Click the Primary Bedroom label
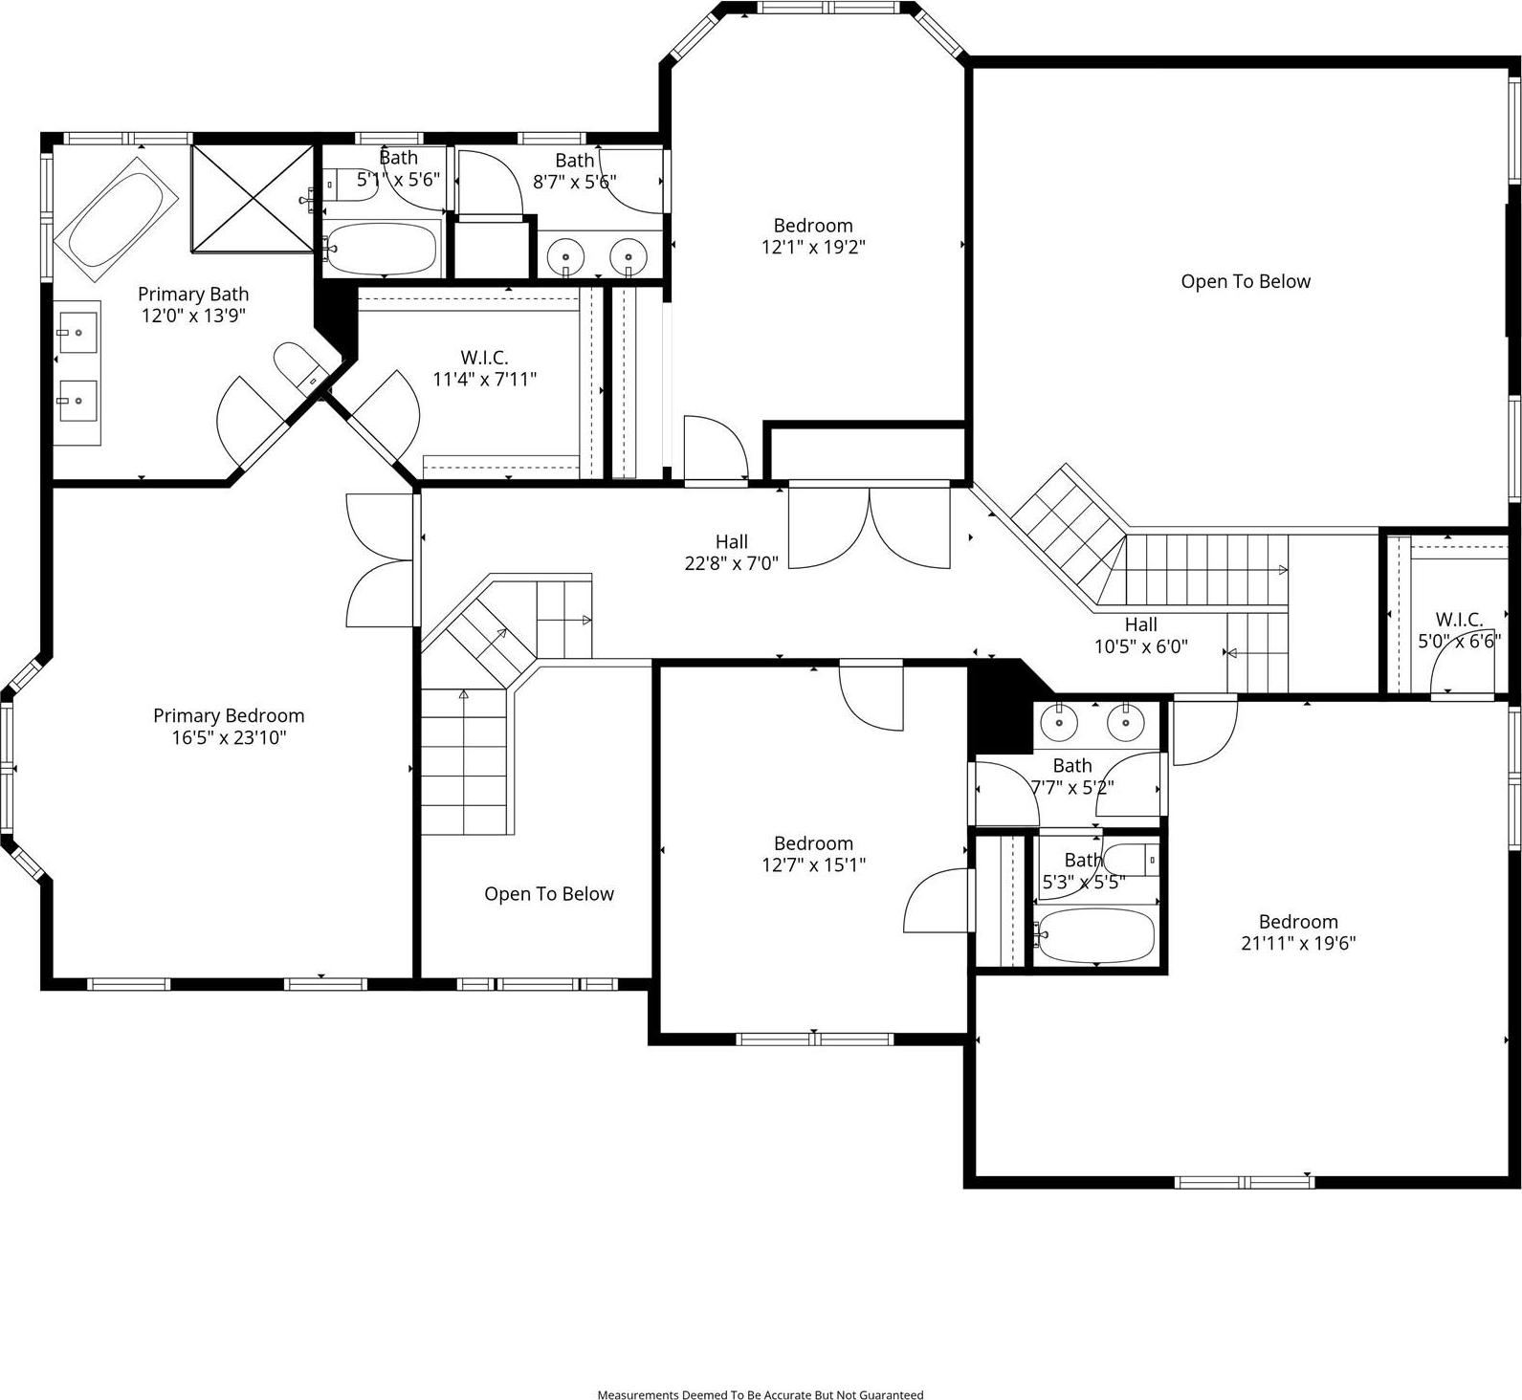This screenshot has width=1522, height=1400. pyautogui.click(x=229, y=726)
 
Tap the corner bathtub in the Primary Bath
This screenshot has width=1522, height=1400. pyautogui.click(x=116, y=220)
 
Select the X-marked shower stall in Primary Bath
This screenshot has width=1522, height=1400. pyautogui.click(x=253, y=198)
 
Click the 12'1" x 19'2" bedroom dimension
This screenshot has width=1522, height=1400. pyautogui.click(x=813, y=247)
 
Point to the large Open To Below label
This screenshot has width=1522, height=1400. pyautogui.click(x=1245, y=281)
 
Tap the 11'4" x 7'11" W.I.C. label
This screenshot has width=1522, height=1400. pyautogui.click(x=484, y=368)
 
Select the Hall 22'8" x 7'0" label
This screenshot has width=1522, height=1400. pyautogui.click(x=731, y=553)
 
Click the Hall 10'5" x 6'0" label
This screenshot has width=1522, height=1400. pyautogui.click(x=1140, y=635)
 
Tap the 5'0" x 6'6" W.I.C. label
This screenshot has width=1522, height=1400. pyautogui.click(x=1459, y=630)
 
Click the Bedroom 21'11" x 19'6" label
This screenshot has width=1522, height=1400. pyautogui.click(x=1297, y=932)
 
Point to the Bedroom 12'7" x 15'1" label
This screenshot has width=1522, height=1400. pyautogui.click(x=813, y=854)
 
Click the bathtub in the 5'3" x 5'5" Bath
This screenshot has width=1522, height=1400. pyautogui.click(x=1096, y=934)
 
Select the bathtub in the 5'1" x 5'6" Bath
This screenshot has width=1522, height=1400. pyautogui.click(x=381, y=249)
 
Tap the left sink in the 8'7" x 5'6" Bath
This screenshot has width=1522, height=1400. pyautogui.click(x=569, y=256)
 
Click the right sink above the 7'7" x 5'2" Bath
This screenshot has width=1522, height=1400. pyautogui.click(x=1125, y=723)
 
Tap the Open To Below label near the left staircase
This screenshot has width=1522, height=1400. pyautogui.click(x=548, y=894)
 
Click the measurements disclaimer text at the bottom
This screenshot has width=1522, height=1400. pyautogui.click(x=761, y=1394)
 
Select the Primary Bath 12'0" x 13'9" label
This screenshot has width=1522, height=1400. pyautogui.click(x=193, y=305)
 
